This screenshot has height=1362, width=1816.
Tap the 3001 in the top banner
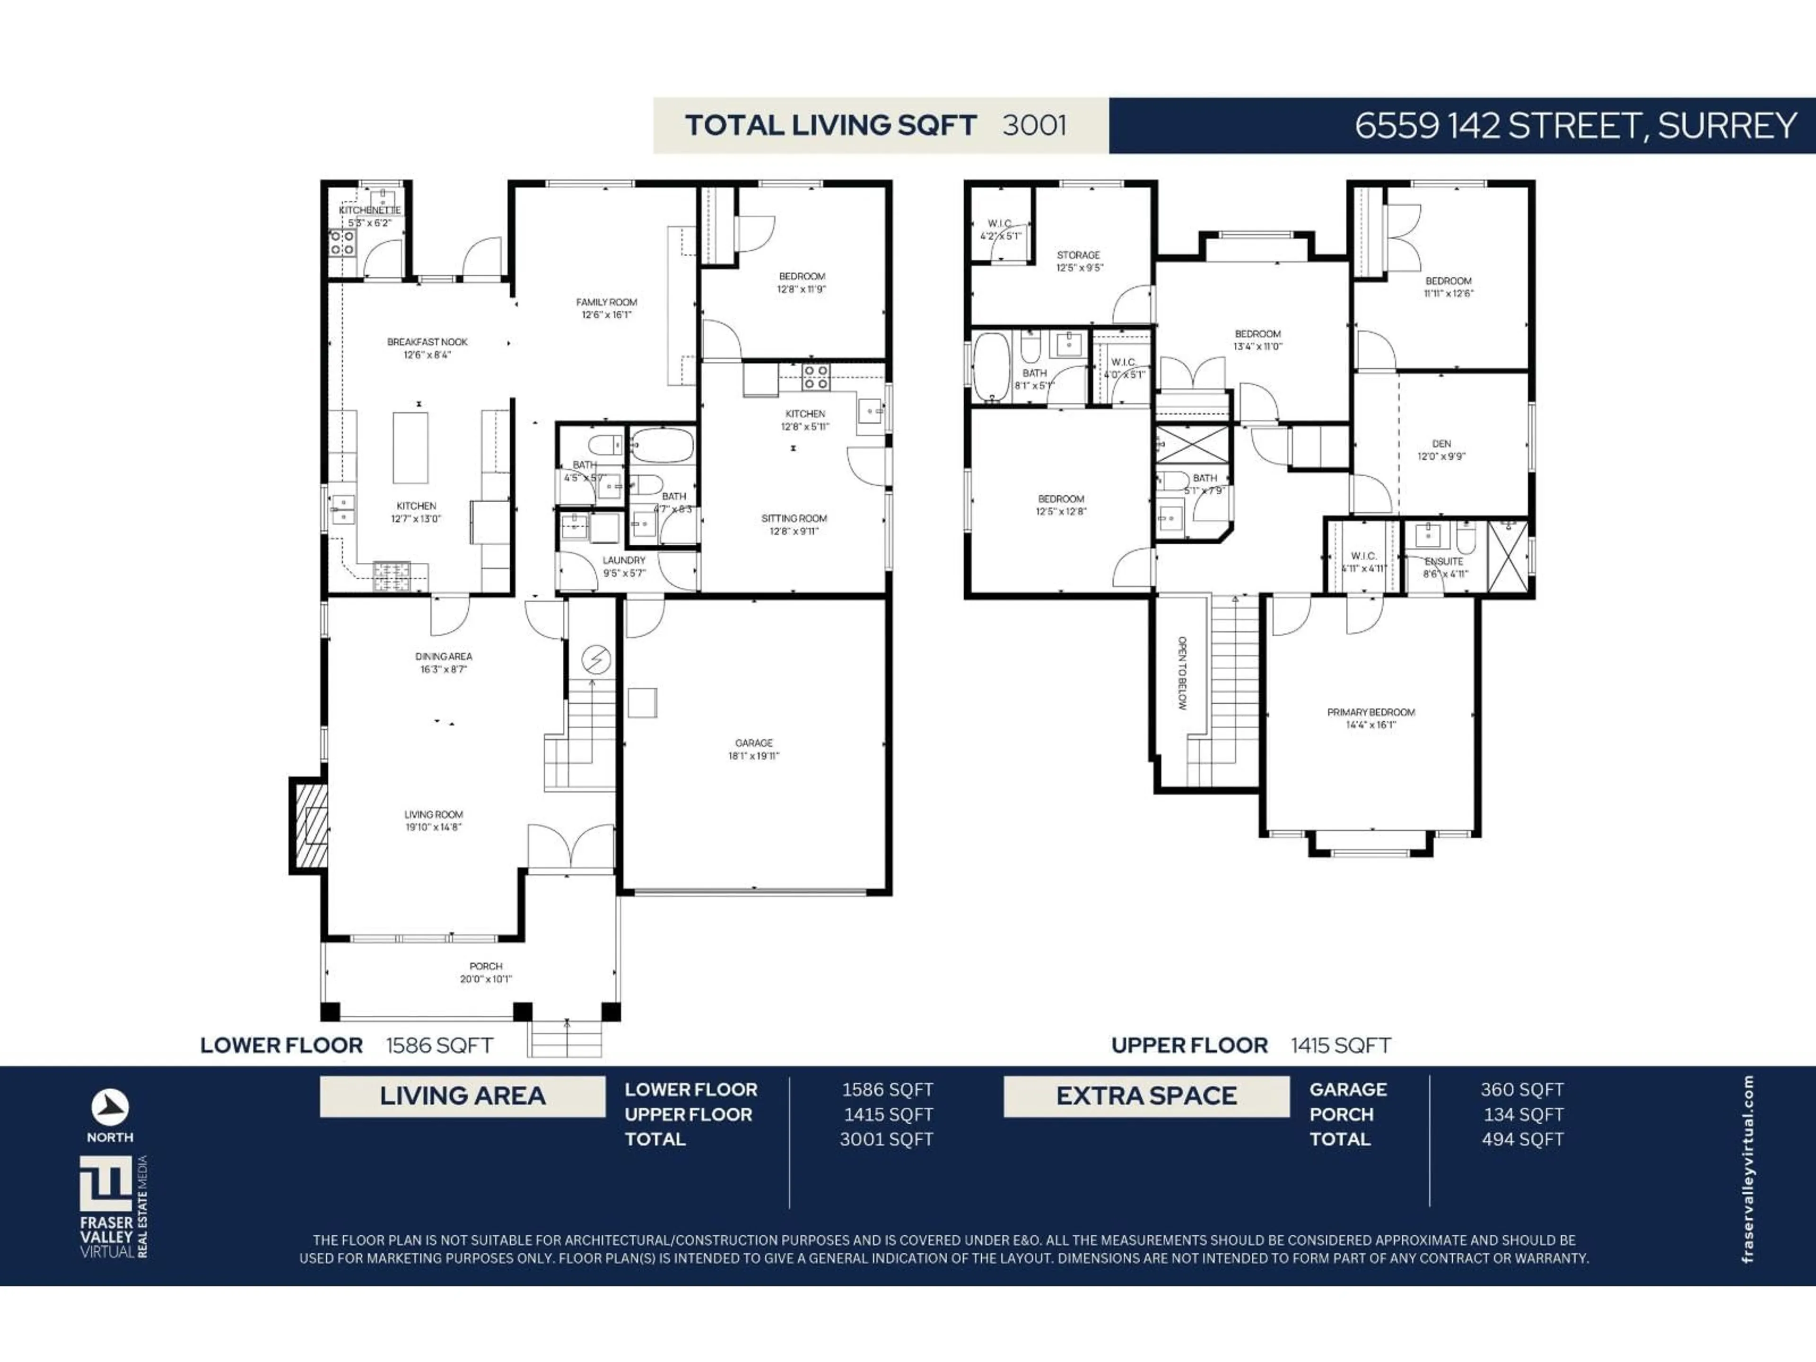click(x=1034, y=126)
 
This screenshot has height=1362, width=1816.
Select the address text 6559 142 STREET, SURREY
click(x=1575, y=126)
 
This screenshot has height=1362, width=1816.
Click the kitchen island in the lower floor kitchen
click(x=410, y=447)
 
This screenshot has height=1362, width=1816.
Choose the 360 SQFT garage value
click(x=1522, y=1090)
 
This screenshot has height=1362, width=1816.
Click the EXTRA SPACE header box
click(x=1146, y=1096)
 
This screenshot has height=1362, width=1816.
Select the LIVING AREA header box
click(x=462, y=1096)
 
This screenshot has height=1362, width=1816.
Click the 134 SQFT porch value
click(x=1523, y=1114)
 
